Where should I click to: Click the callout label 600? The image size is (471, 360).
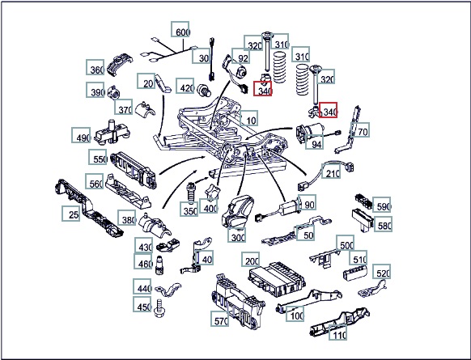click(180, 29)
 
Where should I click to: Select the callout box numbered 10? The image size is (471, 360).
click(248, 118)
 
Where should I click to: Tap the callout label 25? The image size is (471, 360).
click(71, 214)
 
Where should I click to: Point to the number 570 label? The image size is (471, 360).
click(220, 319)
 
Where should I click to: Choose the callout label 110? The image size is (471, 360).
click(338, 332)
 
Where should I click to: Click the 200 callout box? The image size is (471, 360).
click(251, 259)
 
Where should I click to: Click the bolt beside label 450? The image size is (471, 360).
click(159, 308)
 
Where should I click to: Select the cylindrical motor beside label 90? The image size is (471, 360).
click(289, 207)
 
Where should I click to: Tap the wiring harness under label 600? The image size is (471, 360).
click(172, 51)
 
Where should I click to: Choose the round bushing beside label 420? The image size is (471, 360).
click(204, 90)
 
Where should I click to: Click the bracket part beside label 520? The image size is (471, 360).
click(372, 289)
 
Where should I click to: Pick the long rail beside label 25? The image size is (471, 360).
click(89, 209)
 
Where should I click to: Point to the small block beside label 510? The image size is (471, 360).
click(355, 273)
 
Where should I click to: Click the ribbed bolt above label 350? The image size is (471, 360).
click(191, 193)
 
